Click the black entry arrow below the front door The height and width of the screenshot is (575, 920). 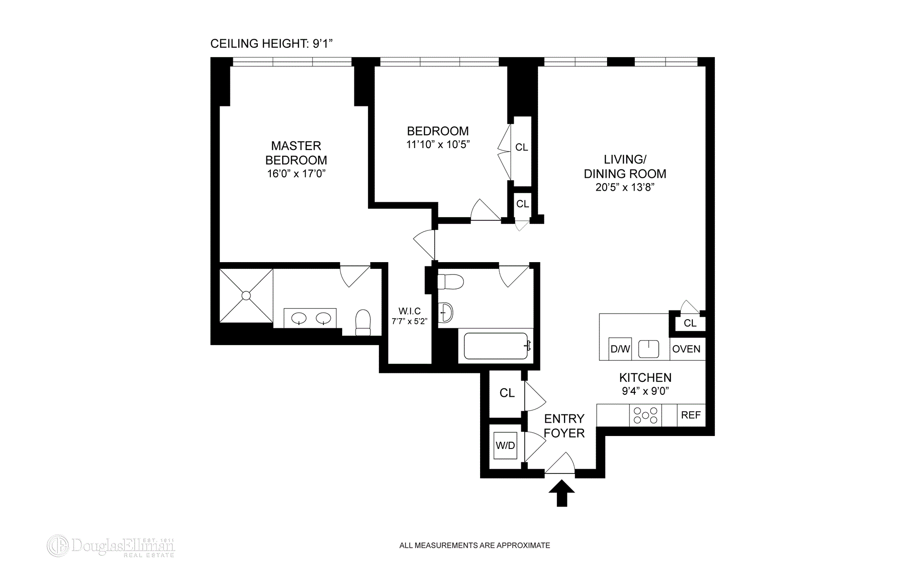pos(562,494)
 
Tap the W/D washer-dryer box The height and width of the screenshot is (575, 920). pos(506,446)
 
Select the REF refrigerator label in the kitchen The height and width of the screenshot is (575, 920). pos(690,415)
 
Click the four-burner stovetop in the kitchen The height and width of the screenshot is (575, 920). pos(645,415)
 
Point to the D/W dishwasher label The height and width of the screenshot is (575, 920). pos(620,349)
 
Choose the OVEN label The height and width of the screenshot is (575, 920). pos(686,349)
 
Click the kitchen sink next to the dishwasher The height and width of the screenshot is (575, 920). pos(648,348)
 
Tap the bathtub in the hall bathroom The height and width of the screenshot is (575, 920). pos(496,346)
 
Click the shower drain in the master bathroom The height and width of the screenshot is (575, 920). pos(246,296)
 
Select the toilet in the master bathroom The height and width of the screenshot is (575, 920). pos(363,322)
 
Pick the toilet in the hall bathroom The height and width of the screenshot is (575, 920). pos(451,281)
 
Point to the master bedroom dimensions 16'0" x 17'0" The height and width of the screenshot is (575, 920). pos(296,173)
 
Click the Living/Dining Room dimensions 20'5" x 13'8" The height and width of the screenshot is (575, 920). pos(625,187)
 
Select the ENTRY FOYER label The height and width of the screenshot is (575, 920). pos(564,425)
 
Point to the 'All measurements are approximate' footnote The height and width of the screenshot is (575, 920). pos(474,545)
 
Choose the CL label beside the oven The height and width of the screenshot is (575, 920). pos(690,323)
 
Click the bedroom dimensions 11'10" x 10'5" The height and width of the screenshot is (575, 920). pos(438,144)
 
